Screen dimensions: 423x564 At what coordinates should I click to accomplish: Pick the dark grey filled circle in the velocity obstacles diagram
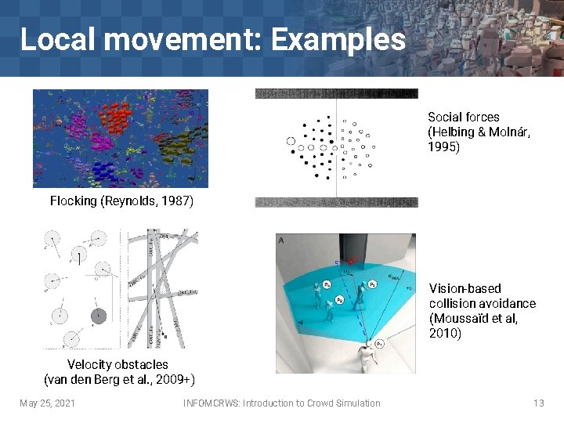click(x=98, y=316)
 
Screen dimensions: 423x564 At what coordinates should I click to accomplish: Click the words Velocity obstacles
click(x=117, y=364)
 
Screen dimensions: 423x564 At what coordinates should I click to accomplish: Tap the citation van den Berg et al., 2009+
click(x=119, y=380)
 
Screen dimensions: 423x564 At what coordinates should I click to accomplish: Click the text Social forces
click(x=463, y=117)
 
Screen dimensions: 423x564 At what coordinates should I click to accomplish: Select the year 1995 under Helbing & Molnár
click(x=443, y=146)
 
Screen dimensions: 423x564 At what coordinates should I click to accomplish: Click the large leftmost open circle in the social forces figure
click(x=292, y=142)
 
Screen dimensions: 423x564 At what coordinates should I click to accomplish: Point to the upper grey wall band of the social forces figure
click(x=336, y=93)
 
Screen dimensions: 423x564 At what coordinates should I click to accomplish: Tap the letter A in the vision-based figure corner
click(x=281, y=240)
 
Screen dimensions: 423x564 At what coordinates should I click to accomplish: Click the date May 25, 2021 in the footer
click(x=47, y=403)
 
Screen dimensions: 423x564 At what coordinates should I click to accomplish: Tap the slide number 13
click(x=538, y=403)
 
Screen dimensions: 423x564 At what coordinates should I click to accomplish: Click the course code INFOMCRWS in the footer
click(x=211, y=403)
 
